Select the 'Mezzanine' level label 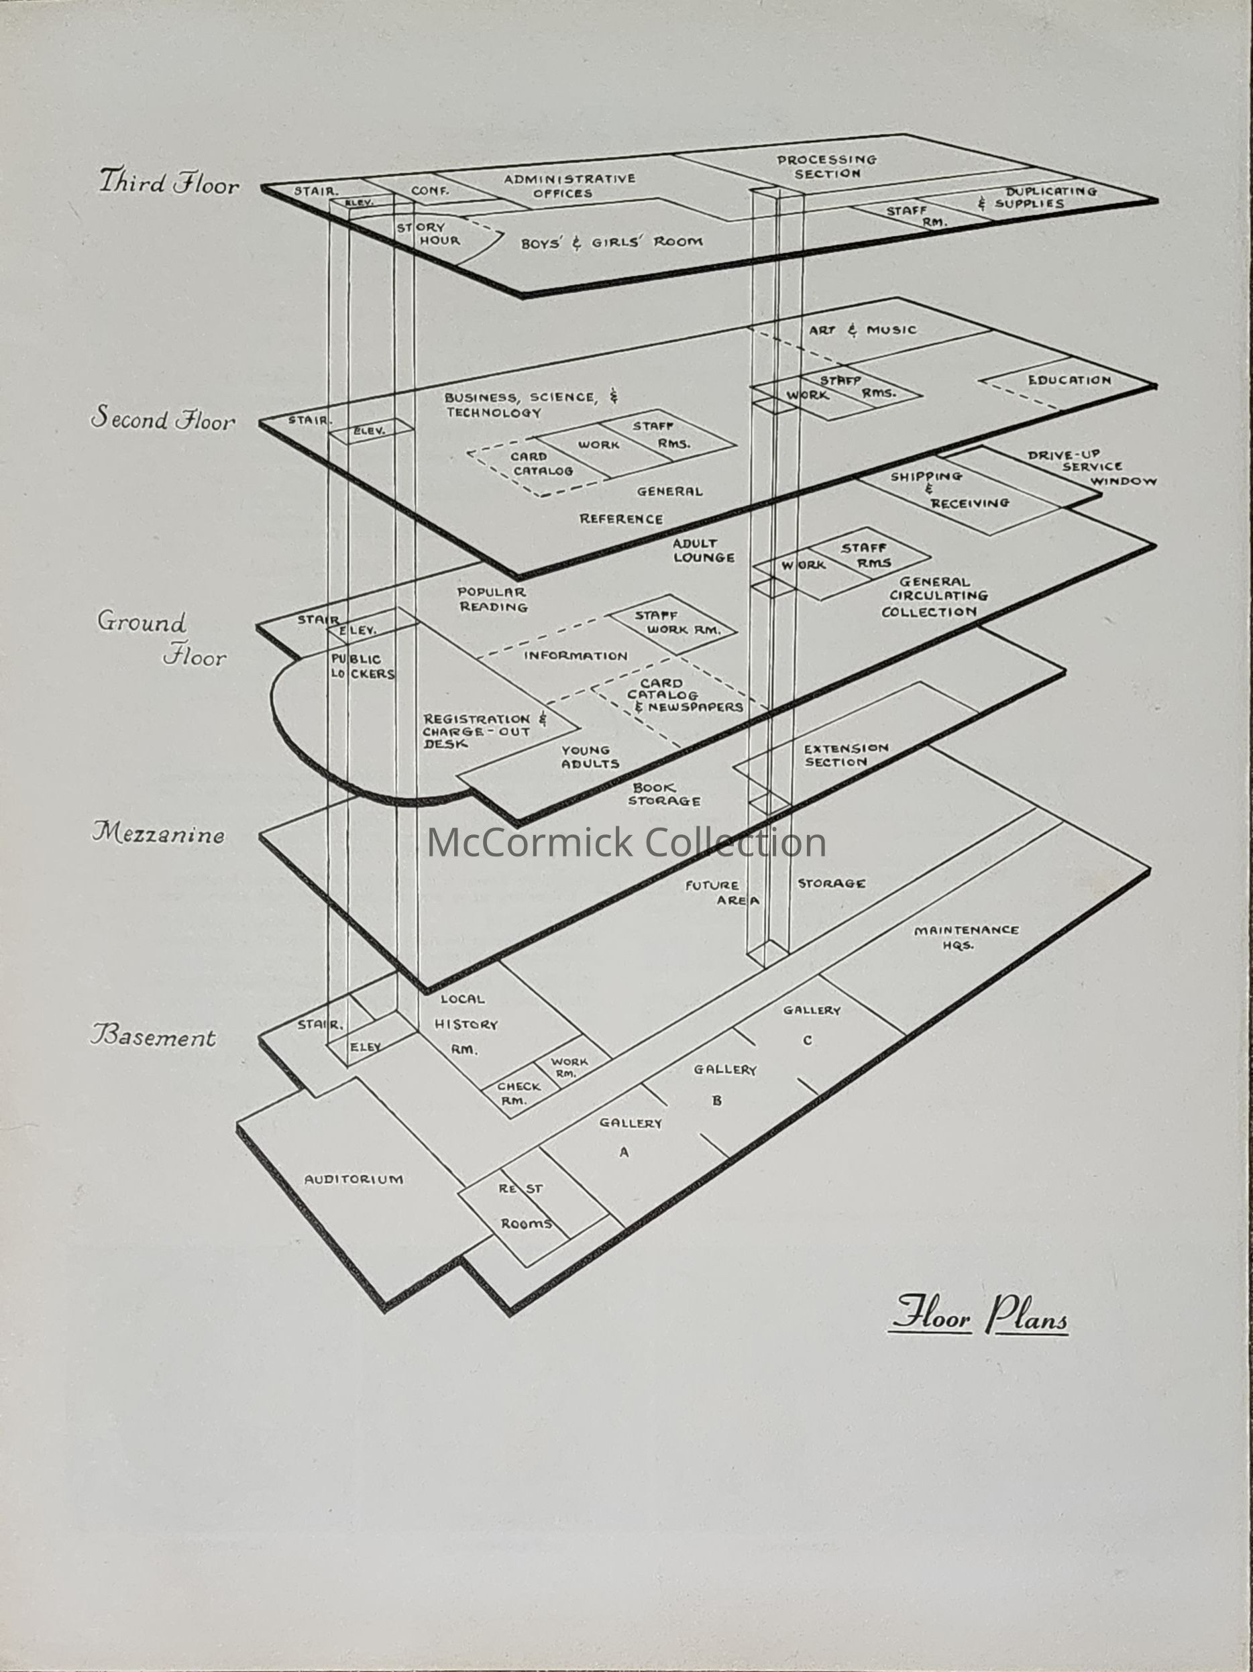(x=159, y=834)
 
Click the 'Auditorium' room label (x=353, y=1179)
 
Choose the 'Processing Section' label (x=826, y=166)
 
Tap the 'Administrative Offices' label (x=569, y=186)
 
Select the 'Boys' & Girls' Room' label (x=611, y=243)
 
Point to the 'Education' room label (x=1069, y=380)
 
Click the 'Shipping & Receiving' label (x=950, y=490)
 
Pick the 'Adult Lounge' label (x=702, y=550)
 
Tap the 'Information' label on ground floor (x=576, y=656)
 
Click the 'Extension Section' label (x=845, y=755)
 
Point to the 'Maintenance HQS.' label (x=966, y=938)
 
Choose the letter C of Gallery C (x=808, y=1041)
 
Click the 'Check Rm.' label (x=518, y=1093)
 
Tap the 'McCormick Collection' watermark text (x=626, y=843)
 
